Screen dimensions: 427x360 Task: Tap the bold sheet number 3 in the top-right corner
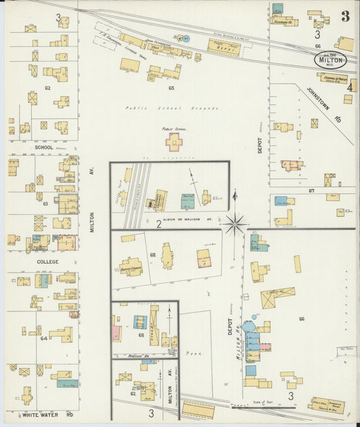tap(344, 17)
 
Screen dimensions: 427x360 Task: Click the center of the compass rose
tap(235, 223)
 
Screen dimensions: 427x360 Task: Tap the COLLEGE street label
tap(47, 261)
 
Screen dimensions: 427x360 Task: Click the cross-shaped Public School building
tap(174, 141)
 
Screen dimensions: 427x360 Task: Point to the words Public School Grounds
tap(172, 108)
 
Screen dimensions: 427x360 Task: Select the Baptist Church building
tap(132, 266)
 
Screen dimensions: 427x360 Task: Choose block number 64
tap(44, 338)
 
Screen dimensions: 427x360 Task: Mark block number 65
tap(171, 88)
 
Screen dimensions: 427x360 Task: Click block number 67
tap(311, 191)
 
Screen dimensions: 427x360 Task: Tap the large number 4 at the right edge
tap(350, 86)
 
